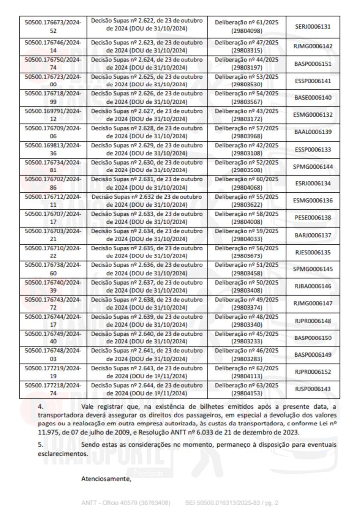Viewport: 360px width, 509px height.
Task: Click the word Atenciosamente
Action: tap(106, 479)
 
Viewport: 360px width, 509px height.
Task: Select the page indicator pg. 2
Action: tap(269, 503)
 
